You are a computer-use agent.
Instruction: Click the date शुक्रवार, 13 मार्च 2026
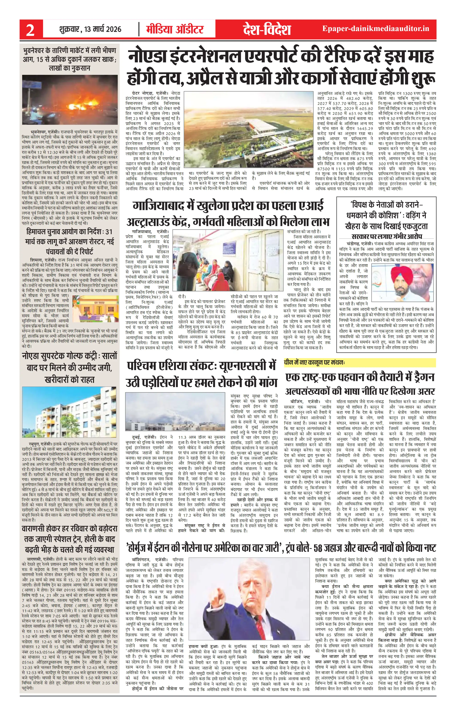(90, 29)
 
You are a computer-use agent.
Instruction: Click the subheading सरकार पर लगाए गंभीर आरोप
(387, 236)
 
